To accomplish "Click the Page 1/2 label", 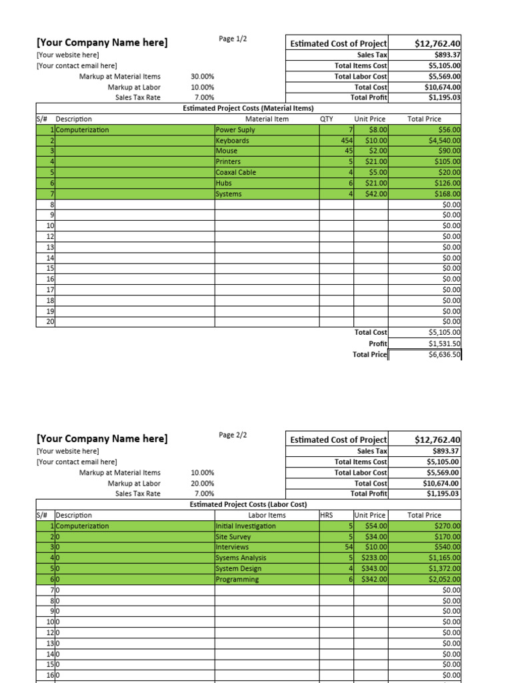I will click(233, 39).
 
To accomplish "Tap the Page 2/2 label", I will click(233, 435).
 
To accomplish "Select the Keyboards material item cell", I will click(233, 141).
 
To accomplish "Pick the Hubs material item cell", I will click(224, 183).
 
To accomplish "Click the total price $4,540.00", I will click(445, 141).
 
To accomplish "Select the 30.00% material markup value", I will click(202, 77).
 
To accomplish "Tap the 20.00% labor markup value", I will click(202, 483).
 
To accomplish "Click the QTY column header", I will click(327, 119).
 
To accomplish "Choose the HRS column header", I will click(327, 515).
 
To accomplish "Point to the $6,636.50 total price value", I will click(445, 355).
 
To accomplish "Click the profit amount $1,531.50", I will click(445, 344).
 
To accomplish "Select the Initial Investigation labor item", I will click(245, 526).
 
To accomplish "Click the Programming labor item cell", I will click(237, 579).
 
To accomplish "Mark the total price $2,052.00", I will click(445, 579).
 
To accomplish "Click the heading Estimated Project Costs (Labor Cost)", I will click(248, 504).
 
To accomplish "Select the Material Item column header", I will click(267, 119).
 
